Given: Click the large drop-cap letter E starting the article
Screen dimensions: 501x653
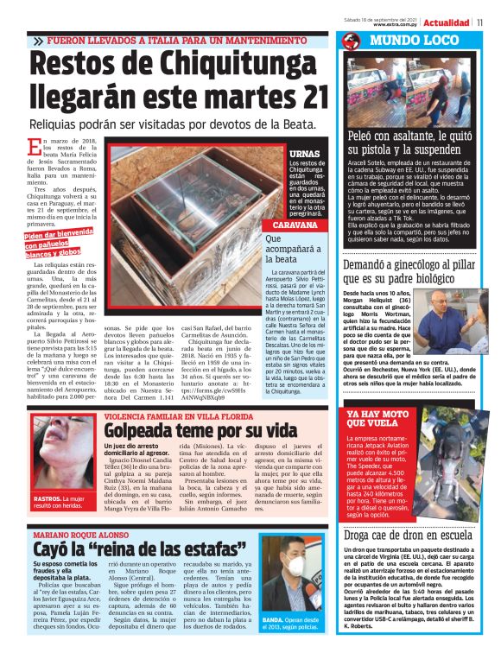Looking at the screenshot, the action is (35, 147).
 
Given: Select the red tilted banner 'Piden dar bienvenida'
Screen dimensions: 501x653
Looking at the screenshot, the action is (59, 244).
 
